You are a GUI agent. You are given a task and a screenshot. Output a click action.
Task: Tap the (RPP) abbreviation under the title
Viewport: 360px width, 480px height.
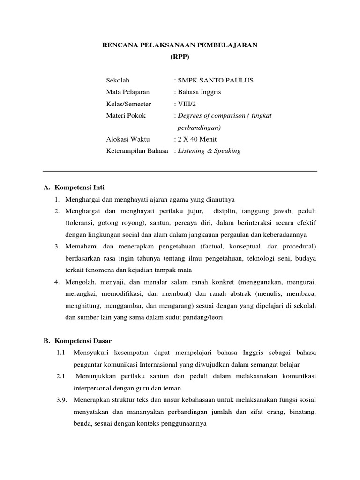click(180, 57)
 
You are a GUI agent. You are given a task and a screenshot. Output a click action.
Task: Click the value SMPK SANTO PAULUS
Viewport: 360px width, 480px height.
click(215, 80)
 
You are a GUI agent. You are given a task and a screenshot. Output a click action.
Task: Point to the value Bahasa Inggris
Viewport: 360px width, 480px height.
click(199, 92)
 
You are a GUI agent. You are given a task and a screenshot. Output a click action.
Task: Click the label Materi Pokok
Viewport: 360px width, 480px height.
click(126, 115)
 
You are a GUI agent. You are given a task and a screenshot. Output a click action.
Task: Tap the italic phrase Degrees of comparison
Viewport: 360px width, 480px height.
click(210, 115)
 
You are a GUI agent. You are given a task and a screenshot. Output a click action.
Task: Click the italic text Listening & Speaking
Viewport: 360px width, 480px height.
click(209, 151)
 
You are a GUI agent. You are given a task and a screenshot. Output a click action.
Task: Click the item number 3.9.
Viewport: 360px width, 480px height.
click(61, 400)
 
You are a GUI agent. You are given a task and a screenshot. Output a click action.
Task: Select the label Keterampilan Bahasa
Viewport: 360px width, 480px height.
click(137, 151)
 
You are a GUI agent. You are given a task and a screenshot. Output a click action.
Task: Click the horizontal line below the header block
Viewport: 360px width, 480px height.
click(180, 171)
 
